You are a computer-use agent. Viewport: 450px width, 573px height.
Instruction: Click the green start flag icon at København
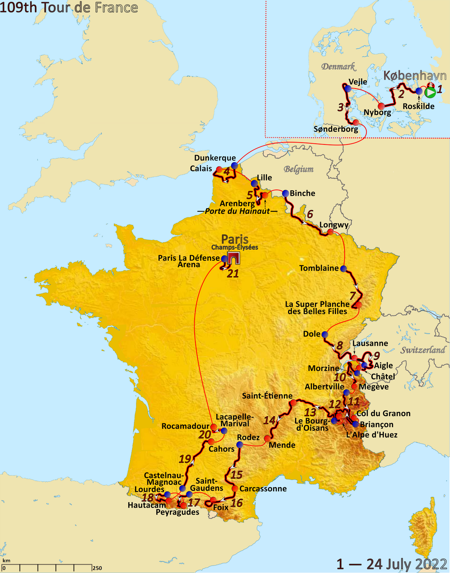pos(430,92)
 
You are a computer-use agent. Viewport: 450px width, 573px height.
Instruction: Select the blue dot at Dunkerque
pos(235,165)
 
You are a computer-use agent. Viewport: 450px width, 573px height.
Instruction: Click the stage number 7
pos(352,296)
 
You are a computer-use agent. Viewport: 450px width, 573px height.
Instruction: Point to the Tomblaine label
pos(319,268)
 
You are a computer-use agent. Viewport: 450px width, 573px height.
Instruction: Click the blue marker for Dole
pos(325,334)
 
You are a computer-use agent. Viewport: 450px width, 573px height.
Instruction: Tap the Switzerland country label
pos(423,350)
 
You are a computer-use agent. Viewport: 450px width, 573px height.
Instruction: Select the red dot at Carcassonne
pos(235,489)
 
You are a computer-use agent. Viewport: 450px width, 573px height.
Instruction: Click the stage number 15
pos(236,475)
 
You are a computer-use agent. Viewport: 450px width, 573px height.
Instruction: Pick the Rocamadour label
pos(185,426)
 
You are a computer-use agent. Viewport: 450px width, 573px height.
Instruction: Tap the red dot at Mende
pos(267,438)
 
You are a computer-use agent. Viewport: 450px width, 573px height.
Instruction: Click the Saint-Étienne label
pos(267,396)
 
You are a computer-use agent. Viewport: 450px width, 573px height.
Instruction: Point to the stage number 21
pos(233,274)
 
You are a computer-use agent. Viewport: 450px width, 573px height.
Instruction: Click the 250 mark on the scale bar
pos(97,568)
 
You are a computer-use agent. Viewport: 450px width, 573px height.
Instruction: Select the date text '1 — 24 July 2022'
pos(391,564)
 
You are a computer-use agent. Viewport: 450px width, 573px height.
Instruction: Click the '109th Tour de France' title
pos(69,7)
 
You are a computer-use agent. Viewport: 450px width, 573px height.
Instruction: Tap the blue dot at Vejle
pos(348,89)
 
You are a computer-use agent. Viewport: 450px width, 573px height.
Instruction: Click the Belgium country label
pos(298,169)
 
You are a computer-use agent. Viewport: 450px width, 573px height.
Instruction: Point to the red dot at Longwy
pos(330,232)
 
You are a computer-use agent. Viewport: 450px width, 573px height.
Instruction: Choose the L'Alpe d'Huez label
pos(371,435)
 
